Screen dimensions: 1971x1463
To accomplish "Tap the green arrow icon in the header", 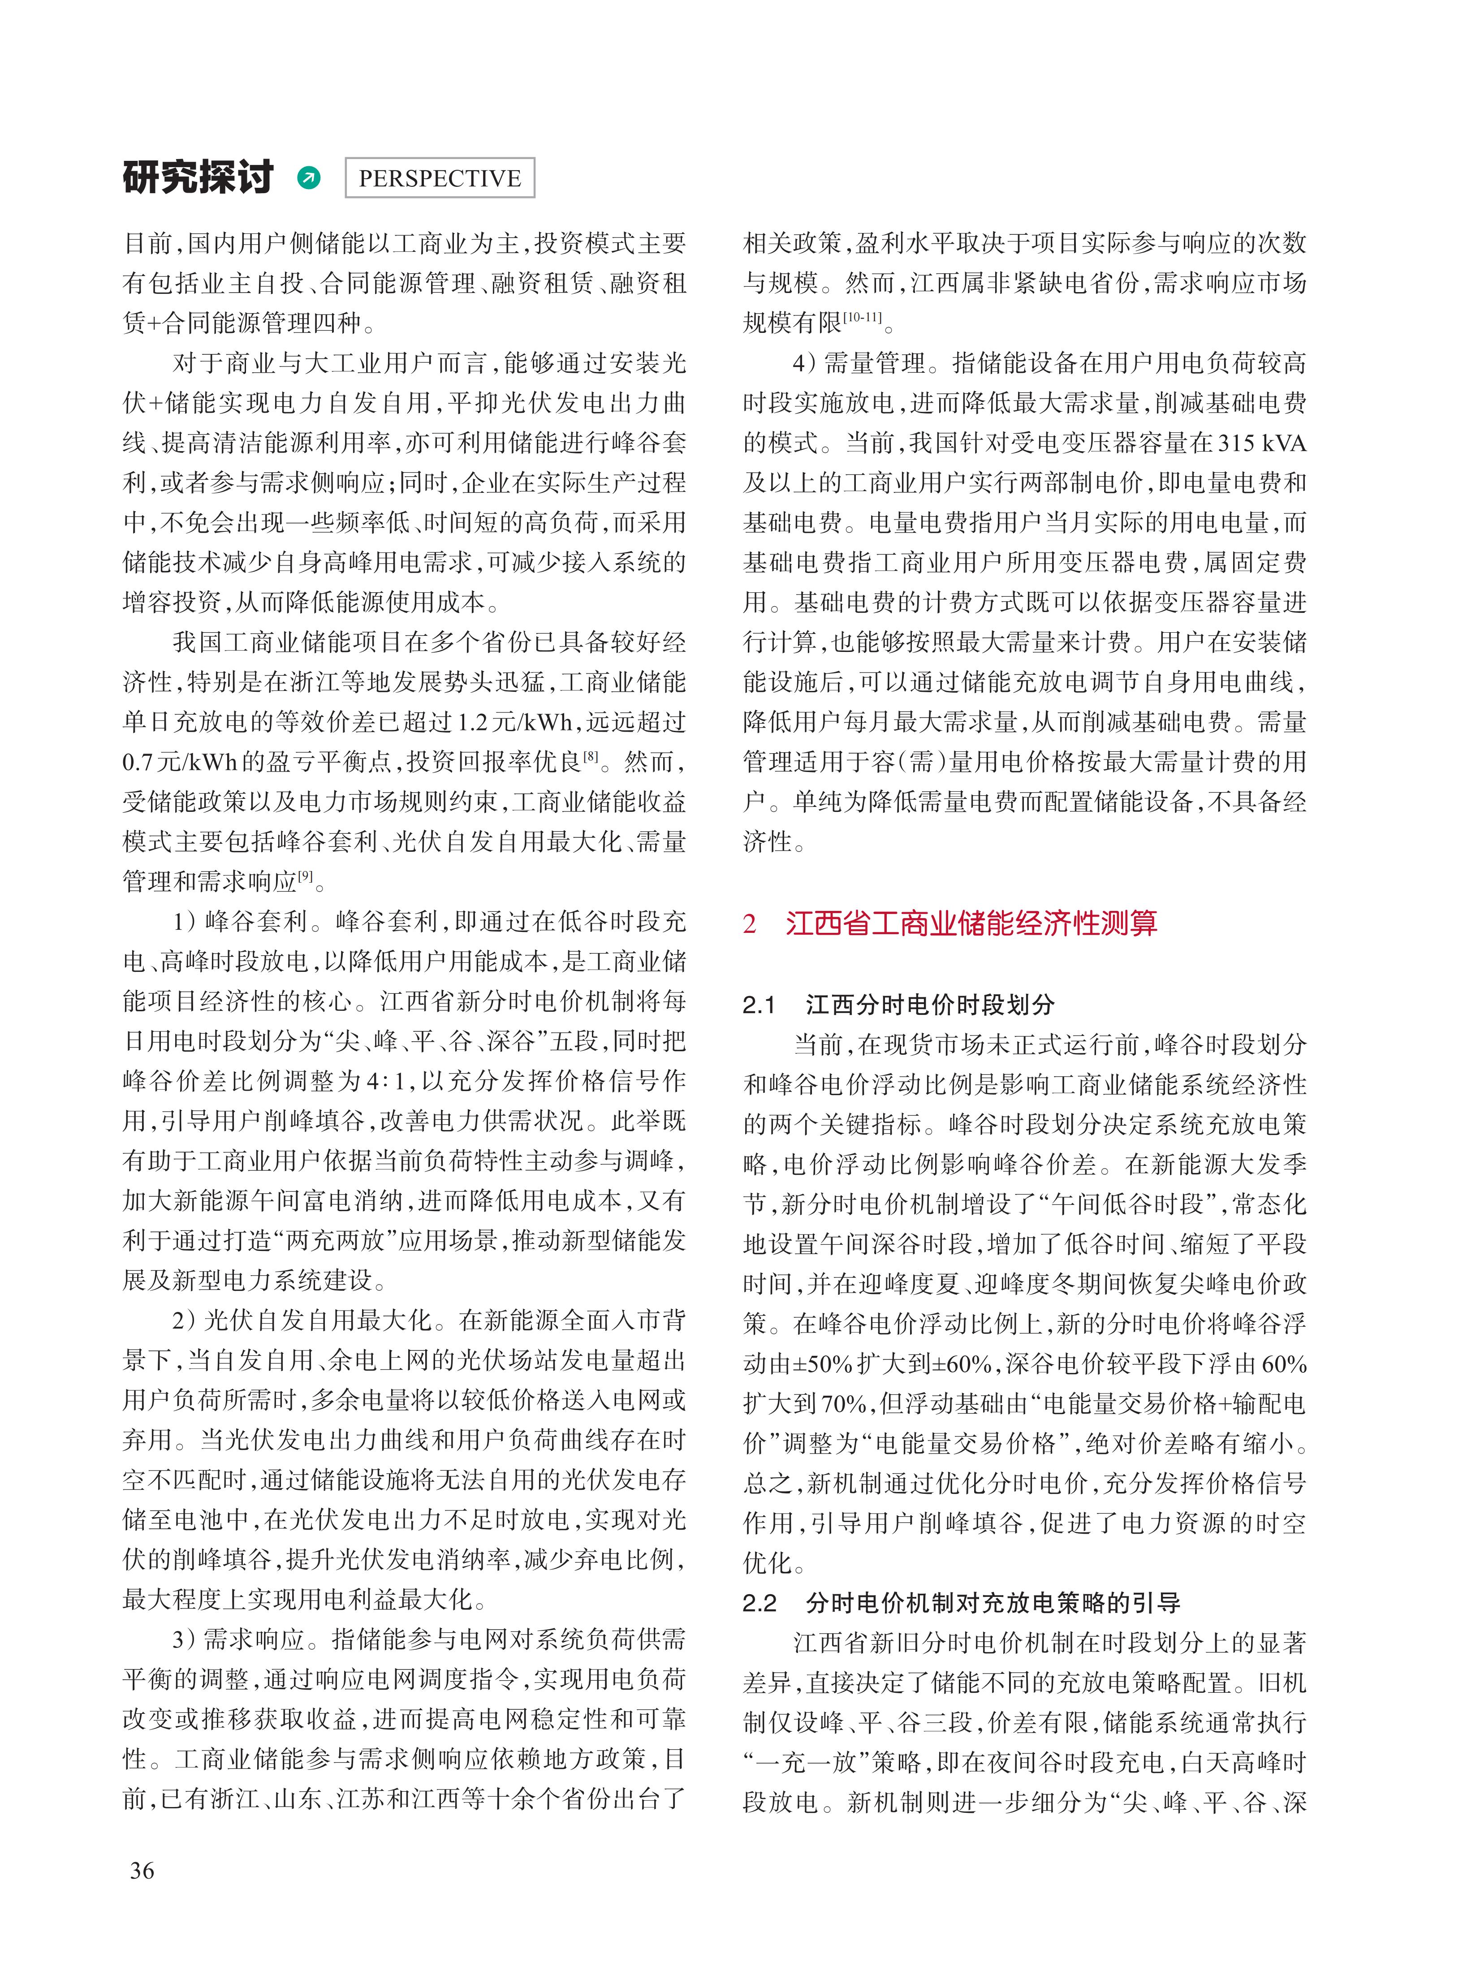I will [309, 178].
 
